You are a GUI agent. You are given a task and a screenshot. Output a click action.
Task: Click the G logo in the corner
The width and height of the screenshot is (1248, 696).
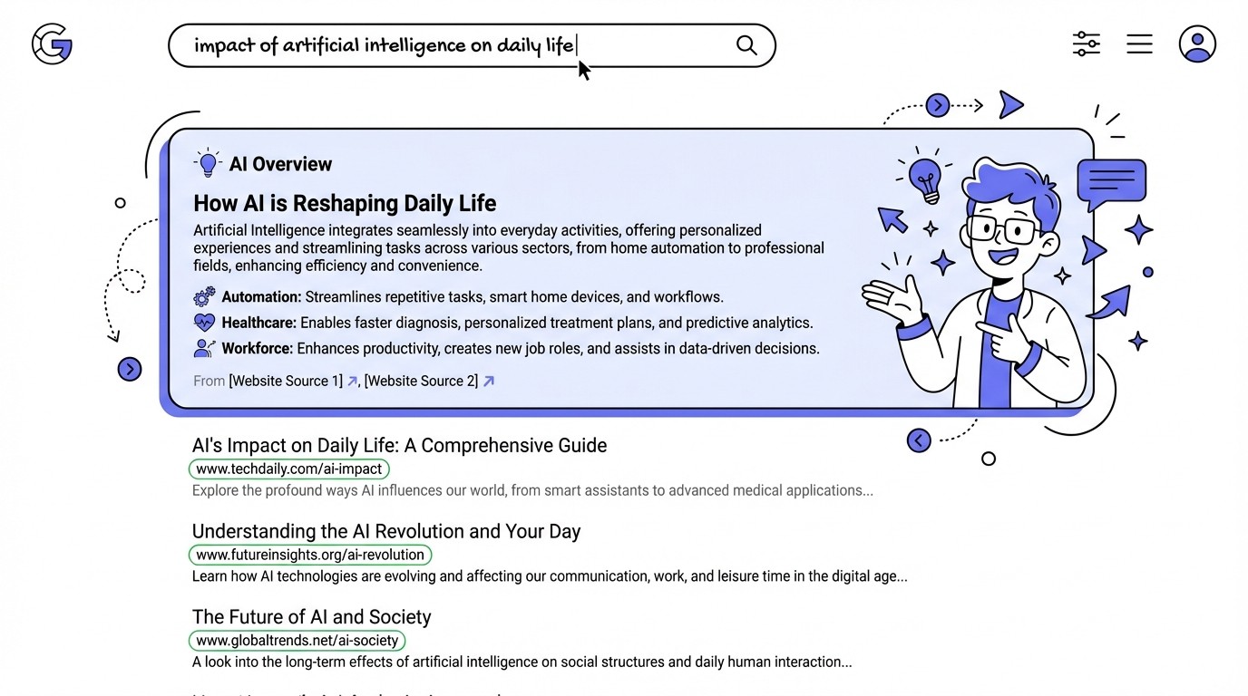(52, 44)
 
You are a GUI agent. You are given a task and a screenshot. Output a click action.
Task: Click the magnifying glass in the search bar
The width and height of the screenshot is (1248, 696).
(746, 45)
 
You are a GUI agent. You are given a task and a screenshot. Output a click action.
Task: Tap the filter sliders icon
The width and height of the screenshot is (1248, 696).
(1086, 43)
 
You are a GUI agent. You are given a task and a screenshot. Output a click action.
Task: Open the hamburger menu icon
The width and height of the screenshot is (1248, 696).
(1139, 43)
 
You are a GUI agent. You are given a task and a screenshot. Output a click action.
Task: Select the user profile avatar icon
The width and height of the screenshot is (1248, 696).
(1197, 43)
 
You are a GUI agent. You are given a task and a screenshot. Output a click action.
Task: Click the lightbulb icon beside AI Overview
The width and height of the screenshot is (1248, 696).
(209, 163)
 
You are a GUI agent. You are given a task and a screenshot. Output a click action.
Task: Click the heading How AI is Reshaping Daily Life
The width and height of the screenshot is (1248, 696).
(345, 203)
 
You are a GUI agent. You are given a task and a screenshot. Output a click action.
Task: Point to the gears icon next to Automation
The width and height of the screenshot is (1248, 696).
(205, 296)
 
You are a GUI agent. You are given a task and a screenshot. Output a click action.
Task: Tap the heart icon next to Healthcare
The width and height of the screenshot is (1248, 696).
(205, 322)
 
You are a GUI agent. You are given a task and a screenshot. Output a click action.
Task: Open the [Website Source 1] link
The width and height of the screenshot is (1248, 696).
(286, 381)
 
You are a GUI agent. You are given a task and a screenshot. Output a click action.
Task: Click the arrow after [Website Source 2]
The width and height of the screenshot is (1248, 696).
(489, 381)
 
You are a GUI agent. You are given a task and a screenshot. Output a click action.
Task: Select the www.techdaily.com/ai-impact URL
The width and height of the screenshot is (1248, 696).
(288, 469)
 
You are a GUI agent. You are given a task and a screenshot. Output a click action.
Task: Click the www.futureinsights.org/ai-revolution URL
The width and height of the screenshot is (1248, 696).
(309, 555)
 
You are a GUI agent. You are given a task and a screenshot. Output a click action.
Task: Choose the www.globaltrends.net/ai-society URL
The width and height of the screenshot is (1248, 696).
(297, 640)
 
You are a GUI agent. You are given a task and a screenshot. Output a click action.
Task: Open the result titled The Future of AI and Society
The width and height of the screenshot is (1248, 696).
(311, 617)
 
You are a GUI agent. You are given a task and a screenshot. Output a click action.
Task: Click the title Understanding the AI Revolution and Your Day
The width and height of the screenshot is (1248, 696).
(385, 531)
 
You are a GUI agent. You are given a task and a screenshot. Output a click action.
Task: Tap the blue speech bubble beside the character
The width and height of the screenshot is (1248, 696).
(1111, 179)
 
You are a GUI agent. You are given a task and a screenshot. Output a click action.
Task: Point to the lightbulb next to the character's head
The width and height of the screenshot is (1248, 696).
(924, 178)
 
